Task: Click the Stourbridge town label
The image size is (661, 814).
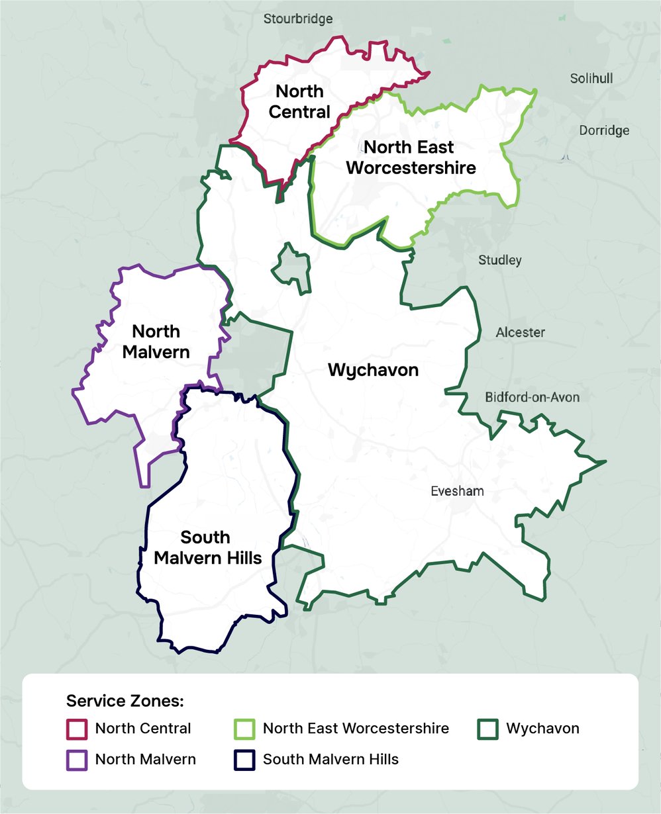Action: pos(298,19)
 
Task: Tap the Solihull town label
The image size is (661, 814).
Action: pos(591,79)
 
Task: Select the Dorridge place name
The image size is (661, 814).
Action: pos(604,130)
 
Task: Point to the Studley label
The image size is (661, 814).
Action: pos(500,260)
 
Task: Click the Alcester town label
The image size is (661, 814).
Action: pos(520,332)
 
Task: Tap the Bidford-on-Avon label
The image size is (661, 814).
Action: pos(532,397)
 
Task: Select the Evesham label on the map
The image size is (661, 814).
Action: pos(457,491)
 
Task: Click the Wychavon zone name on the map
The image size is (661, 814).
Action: pos(374,370)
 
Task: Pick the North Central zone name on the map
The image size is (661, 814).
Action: pos(299,101)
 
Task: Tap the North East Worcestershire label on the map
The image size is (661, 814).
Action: pos(411,157)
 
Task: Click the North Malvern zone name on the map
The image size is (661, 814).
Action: pos(156,341)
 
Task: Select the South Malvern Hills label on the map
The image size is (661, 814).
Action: pos(207,547)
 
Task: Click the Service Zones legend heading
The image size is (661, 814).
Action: pos(125,701)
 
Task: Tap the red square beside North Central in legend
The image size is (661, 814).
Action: pos(77,729)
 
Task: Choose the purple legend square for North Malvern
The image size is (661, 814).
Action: pos(77,760)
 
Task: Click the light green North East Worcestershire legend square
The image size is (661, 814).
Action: pos(244,729)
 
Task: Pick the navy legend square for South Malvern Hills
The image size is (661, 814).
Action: pos(244,760)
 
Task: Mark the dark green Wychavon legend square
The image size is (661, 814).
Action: pos(488,729)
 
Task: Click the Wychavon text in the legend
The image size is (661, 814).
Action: pos(542,729)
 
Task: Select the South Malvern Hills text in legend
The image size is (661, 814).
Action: pos(330,759)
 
